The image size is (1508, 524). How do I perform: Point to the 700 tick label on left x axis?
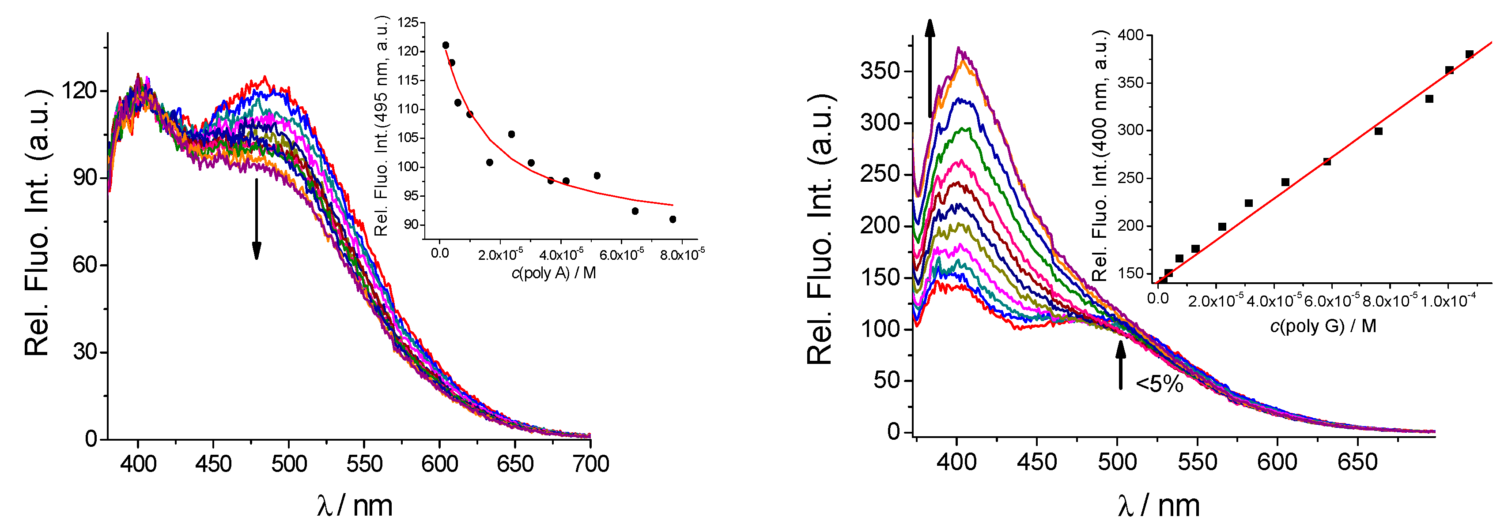click(591, 464)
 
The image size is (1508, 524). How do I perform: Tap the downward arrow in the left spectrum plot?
click(256, 219)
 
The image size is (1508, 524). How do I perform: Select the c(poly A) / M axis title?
click(554, 273)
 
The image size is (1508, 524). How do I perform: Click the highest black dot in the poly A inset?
click(446, 45)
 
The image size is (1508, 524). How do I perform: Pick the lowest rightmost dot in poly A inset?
click(673, 219)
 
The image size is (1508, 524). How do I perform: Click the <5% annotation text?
click(1159, 384)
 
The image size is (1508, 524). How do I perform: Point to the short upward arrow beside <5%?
click(1120, 364)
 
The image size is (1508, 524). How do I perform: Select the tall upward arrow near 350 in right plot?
click(930, 67)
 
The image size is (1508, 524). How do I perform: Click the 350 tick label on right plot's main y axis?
click(879, 71)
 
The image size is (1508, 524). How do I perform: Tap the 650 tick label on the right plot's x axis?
click(1357, 462)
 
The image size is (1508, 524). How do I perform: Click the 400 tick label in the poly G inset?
click(1130, 35)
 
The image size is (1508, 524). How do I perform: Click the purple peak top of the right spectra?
click(958, 49)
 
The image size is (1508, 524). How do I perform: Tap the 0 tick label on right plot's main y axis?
click(893, 432)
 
